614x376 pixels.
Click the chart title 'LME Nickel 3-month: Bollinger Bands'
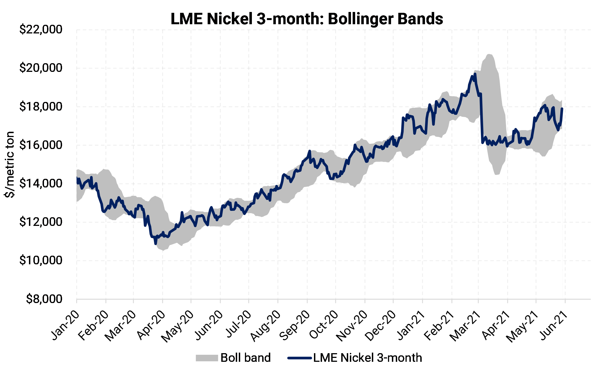tap(307, 19)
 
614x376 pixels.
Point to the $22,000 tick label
tap(41, 30)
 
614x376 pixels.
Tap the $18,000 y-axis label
tap(41, 107)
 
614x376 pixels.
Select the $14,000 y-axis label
tap(41, 184)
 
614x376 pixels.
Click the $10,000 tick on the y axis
tap(41, 261)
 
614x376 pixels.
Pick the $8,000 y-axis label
tap(44, 299)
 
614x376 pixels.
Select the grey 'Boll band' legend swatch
tap(207, 358)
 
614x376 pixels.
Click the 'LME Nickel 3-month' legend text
tap(368, 358)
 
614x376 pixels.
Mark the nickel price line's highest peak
tap(475, 74)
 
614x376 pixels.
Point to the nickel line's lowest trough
tap(156, 244)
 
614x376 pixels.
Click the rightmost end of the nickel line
tap(562, 108)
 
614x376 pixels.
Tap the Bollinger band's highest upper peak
tap(488, 54)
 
